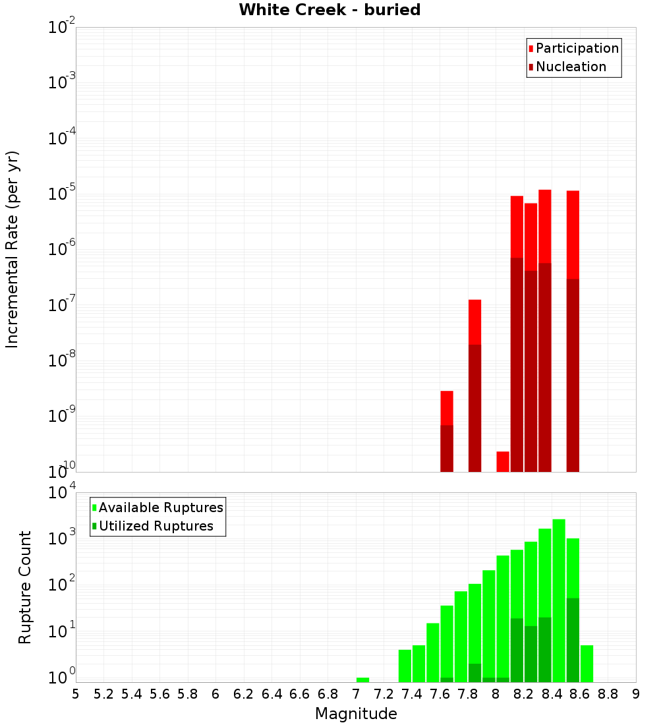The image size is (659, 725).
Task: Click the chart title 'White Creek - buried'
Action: click(x=329, y=10)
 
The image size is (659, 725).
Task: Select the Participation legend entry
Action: click(x=573, y=48)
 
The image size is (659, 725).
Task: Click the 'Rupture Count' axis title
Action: click(x=25, y=587)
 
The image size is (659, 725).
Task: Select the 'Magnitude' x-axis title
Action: click(x=356, y=714)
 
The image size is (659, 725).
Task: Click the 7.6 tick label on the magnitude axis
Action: click(x=440, y=694)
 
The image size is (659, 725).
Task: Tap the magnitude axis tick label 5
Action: click(x=76, y=694)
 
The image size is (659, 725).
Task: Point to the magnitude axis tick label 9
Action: click(x=636, y=694)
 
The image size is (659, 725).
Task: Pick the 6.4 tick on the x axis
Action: click(x=272, y=694)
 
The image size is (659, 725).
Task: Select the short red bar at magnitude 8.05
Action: click(x=503, y=461)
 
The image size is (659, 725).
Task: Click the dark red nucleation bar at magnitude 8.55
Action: click(x=573, y=376)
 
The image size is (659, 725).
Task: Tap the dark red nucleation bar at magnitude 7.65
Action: click(x=447, y=448)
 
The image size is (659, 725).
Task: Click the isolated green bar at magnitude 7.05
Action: click(x=362, y=680)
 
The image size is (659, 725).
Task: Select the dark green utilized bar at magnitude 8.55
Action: click(x=573, y=639)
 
